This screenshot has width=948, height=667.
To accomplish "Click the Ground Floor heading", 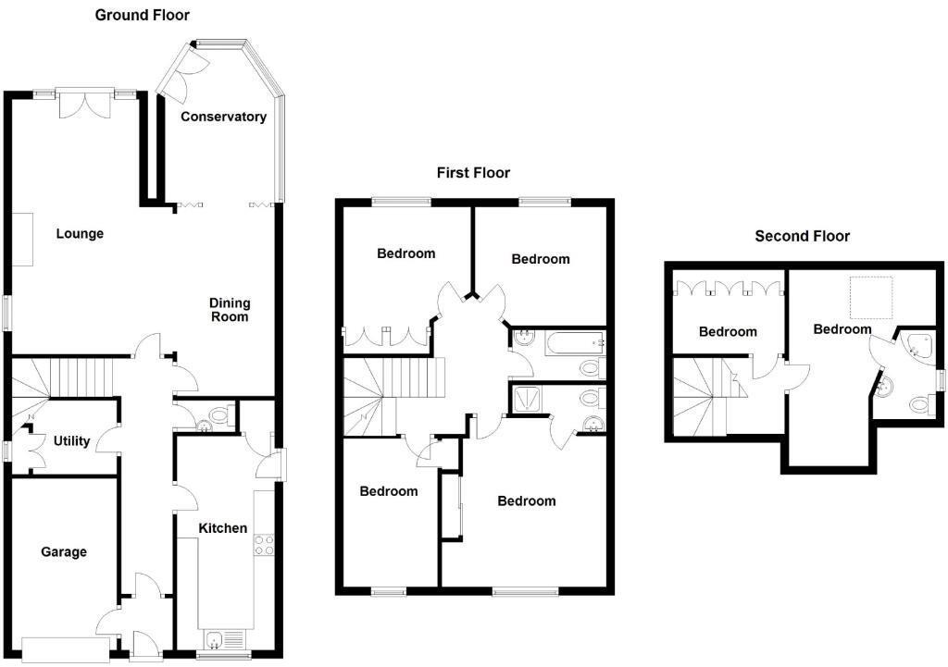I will pos(143,15).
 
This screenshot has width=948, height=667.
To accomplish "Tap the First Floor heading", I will pos(473,173).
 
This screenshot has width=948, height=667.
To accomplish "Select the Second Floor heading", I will pos(802,236).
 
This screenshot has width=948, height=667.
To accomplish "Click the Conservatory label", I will pos(223,117).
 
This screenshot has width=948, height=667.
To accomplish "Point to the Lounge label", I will pos(80,234).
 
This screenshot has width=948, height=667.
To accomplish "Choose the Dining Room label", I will pos(230,310).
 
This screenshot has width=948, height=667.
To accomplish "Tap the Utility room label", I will pos(71,441).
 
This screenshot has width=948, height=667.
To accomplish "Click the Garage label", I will pos(64,552).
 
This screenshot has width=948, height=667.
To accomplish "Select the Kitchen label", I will pos(224,528).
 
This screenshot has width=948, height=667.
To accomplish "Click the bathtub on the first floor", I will pos(570,343).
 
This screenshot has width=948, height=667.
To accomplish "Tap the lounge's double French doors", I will pos(85,104).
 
